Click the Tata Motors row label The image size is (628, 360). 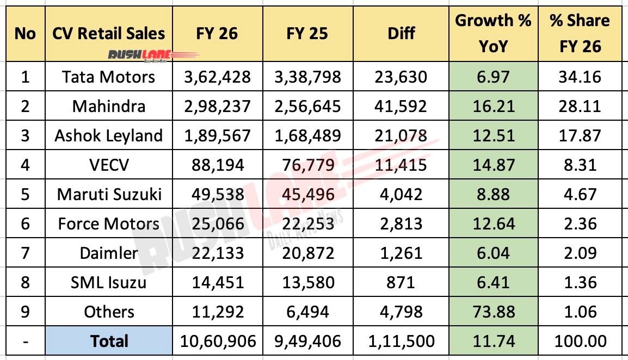pos(108,77)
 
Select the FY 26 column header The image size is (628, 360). pos(217,34)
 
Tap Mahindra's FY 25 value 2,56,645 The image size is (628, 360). pos(307,106)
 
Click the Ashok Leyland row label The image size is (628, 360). pos(108,135)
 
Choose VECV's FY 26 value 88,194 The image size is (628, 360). pos(217,165)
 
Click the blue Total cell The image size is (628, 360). pos(109,342)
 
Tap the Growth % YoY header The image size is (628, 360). pos(493,34)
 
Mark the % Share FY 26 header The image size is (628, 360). pos(580,34)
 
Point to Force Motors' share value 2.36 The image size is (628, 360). pos(580,224)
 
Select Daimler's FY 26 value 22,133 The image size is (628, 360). pos(217,253)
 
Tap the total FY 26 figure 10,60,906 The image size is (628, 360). pos(217,342)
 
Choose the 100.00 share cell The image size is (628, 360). pos(580,342)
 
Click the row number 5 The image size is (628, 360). pos(25,194)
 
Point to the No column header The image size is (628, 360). pos(25,34)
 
